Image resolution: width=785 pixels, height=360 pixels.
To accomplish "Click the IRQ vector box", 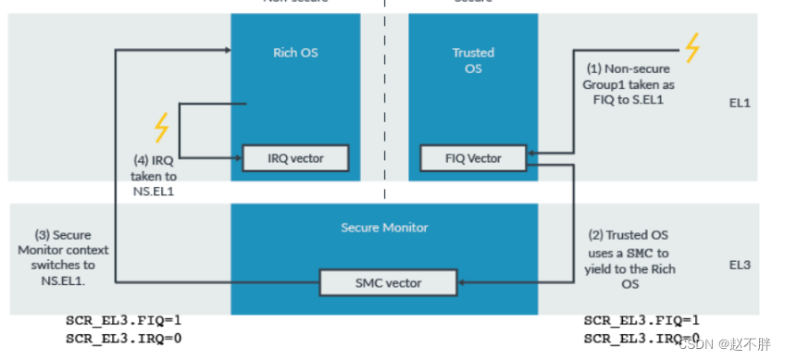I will (x=296, y=158).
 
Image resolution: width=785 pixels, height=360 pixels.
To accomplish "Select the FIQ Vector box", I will (x=473, y=158).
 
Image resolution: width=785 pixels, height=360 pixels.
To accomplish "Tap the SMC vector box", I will (x=388, y=281).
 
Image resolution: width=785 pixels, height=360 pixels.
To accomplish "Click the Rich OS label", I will (x=296, y=53).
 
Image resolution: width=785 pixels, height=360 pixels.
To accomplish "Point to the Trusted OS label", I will (x=473, y=60).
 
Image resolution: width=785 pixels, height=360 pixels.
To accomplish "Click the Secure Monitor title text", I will (x=384, y=227).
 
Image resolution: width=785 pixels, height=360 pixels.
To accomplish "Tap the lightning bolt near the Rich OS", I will (x=162, y=127).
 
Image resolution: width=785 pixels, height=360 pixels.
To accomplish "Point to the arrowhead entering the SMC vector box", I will (x=463, y=281).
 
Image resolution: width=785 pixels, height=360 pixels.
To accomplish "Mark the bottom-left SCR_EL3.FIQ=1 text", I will (x=123, y=321).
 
